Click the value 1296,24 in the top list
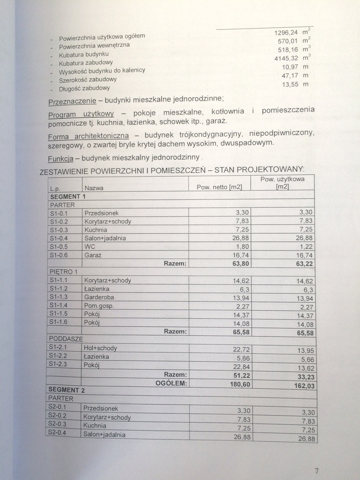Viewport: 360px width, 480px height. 285,32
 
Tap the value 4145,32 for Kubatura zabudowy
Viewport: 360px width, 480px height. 286,58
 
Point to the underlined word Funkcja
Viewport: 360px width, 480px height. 61,158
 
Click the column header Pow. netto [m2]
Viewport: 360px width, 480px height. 219,187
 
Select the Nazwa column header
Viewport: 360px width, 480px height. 94,188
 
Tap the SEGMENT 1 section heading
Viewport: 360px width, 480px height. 68,197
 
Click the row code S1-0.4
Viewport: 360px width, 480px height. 59,238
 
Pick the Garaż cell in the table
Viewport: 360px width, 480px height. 93,255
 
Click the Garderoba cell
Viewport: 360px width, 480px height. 99,297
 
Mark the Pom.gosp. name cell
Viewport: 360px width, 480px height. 99,306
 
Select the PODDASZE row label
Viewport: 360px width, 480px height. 66,338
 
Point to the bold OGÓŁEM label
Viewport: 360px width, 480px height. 171,383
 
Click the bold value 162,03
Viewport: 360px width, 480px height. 305,386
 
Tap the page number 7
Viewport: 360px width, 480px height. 317,471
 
